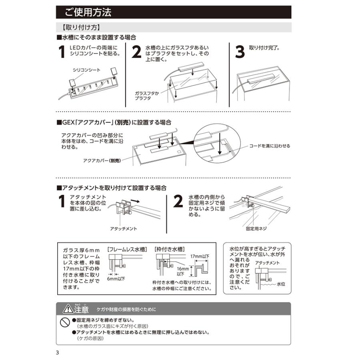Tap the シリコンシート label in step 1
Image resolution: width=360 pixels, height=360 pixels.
(86, 70)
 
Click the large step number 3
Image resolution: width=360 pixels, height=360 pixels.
(240, 52)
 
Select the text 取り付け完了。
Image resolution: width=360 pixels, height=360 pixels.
(264, 47)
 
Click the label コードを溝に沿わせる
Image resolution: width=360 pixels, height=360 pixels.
(270, 146)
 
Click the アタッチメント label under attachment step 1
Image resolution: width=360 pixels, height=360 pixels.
(123, 228)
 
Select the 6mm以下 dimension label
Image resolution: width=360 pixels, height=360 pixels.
(116, 278)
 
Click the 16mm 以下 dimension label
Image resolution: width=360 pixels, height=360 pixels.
(181, 272)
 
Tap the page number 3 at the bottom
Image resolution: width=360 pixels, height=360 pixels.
(58, 352)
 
